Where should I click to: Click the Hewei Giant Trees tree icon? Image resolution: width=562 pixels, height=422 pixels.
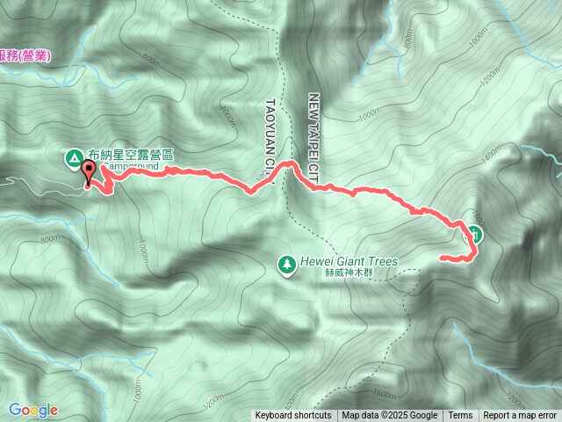[285, 263]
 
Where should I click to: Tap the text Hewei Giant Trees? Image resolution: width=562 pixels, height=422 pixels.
[349, 261]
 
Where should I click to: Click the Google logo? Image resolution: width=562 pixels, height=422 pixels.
[33, 410]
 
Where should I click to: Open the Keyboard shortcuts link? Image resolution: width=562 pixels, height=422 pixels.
[293, 416]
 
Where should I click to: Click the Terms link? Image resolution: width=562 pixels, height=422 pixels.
[460, 416]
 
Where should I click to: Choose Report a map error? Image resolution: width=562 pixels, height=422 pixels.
[520, 416]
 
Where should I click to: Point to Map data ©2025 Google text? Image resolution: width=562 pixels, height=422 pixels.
[390, 416]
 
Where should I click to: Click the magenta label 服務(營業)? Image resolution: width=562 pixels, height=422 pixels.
[25, 55]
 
